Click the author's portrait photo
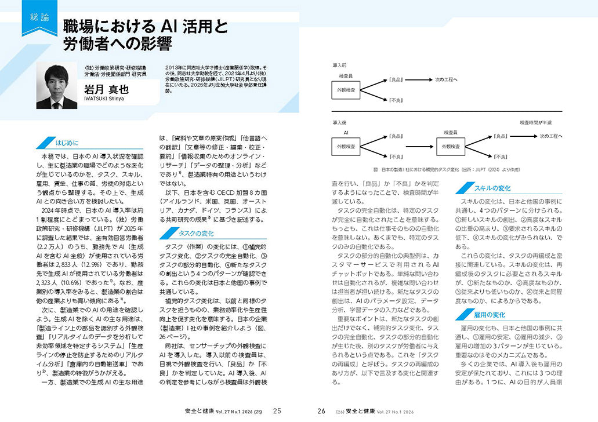(56, 86)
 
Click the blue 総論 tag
(39, 18)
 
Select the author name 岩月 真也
(105, 89)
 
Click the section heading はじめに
(67, 143)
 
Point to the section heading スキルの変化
(492, 188)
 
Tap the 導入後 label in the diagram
(339, 123)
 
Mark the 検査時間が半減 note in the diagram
(535, 123)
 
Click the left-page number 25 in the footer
(277, 411)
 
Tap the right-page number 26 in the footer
(321, 411)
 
